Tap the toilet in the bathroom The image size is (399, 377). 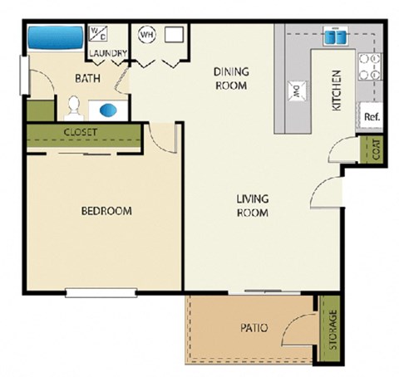tap(73, 107)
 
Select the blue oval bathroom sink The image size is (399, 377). tap(109, 109)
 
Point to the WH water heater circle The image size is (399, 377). tap(147, 35)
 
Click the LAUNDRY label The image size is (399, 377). tap(109, 55)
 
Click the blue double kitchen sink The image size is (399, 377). tap(335, 37)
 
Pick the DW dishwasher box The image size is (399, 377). tap(296, 91)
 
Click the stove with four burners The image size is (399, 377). tap(369, 67)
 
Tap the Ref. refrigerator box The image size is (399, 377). tap(371, 117)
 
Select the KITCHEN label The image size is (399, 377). tap(337, 91)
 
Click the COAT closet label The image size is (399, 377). tap(375, 150)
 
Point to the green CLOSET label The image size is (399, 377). tap(81, 133)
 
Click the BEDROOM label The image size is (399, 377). tap(106, 211)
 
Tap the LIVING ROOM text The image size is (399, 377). tap(250, 206)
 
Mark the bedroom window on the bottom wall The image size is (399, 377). tap(101, 291)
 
